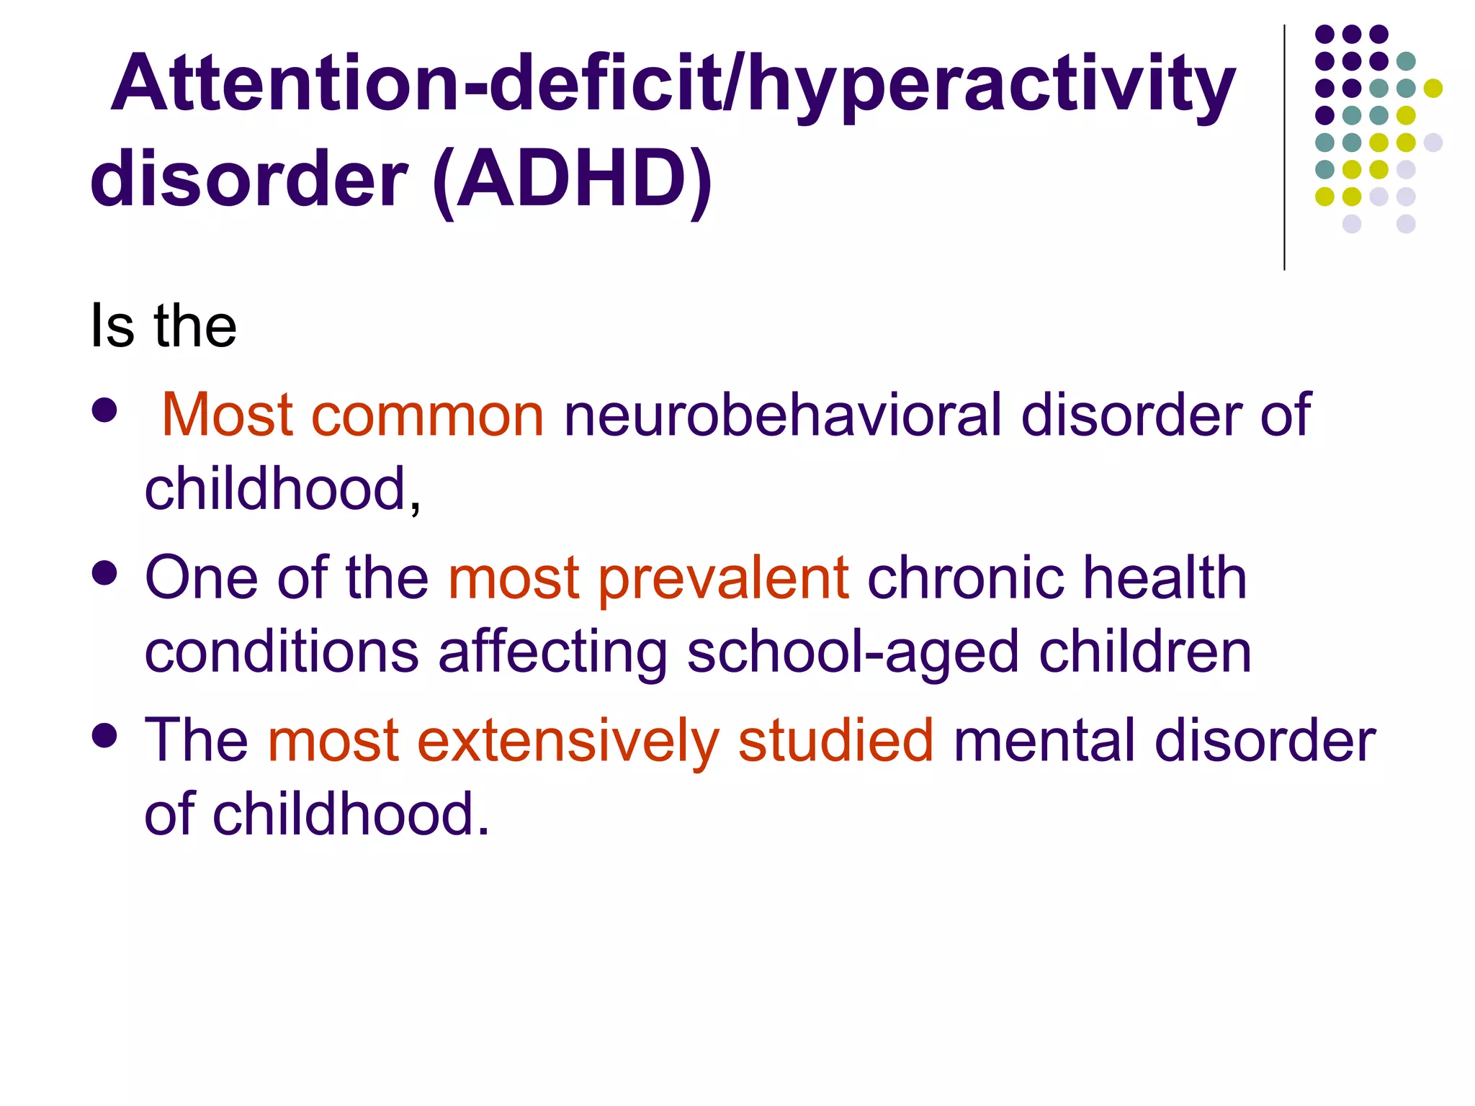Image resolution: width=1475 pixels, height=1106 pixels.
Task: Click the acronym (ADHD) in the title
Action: (573, 179)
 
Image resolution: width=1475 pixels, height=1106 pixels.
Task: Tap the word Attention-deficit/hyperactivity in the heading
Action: (673, 85)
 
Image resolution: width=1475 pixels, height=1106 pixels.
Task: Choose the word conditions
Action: (282, 652)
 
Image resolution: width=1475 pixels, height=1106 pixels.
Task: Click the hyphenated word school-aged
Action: (853, 652)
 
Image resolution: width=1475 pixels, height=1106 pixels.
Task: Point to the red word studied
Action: (836, 741)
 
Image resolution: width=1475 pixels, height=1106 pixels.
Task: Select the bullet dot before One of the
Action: (105, 574)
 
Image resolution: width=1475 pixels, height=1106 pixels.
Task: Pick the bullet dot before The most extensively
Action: (105, 736)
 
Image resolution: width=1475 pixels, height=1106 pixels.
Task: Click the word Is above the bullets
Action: (112, 326)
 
